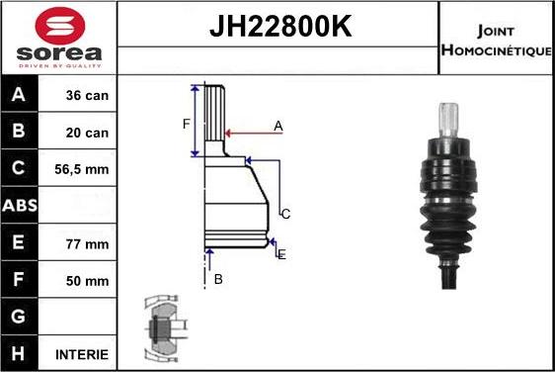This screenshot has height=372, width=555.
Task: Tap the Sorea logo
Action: tap(59, 38)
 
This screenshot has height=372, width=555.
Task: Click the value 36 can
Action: tap(87, 96)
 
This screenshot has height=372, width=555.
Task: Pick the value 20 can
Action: tap(87, 133)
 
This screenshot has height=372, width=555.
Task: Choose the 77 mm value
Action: tap(87, 243)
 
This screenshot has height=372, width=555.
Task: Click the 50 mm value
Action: tap(87, 280)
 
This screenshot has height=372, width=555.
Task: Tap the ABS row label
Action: tap(21, 207)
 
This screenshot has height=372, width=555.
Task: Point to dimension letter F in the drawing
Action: tap(185, 124)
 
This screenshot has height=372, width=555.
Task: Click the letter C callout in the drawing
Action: tap(285, 214)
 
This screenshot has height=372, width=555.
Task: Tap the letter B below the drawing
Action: tap(218, 280)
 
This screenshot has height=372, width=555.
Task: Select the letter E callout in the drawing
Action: tap(282, 254)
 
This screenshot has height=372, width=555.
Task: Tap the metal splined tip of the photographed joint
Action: tap(450, 117)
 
